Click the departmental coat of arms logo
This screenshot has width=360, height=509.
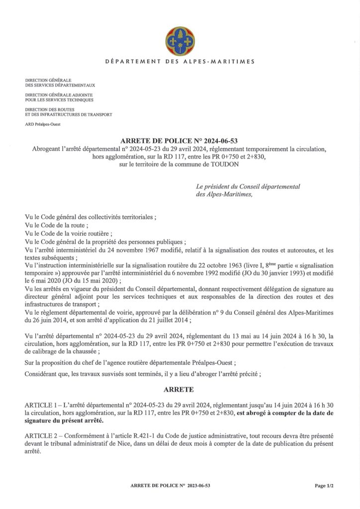click(x=180, y=42)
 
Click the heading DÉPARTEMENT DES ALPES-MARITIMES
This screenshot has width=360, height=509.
click(x=180, y=62)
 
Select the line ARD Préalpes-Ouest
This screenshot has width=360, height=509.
click(x=42, y=124)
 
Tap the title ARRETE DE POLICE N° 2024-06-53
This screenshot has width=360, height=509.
click(x=180, y=141)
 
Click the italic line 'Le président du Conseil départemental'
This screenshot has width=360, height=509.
click(x=248, y=186)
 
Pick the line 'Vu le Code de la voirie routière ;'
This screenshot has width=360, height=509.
click(x=69, y=234)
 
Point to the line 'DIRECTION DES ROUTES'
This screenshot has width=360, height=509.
click(x=47, y=109)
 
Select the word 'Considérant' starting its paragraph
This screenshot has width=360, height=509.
click(x=41, y=374)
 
